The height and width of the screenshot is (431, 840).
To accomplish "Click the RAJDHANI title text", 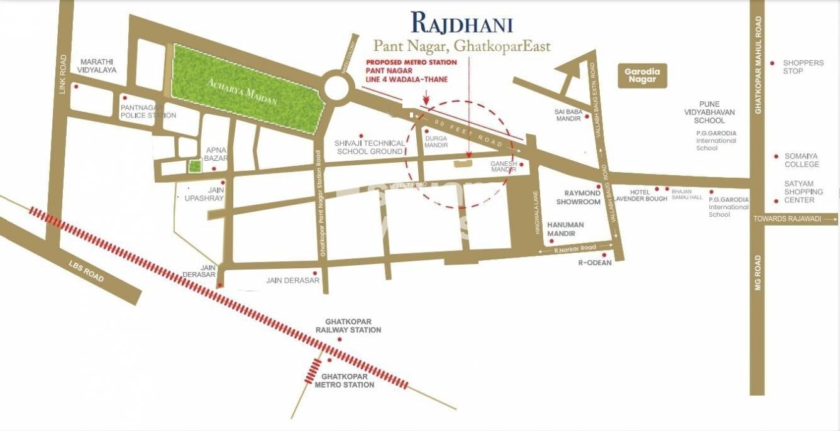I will click(461, 23).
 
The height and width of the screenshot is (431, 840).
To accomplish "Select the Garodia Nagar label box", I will click(642, 75).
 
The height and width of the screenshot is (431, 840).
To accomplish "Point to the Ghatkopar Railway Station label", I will click(348, 326).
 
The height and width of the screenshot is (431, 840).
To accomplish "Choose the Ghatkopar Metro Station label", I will click(344, 380).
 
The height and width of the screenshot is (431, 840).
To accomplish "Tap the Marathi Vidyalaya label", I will click(98, 66).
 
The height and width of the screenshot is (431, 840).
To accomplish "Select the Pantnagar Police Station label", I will click(148, 111).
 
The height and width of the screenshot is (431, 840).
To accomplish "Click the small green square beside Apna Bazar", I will click(195, 166).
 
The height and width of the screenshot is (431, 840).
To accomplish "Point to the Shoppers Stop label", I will click(803, 67).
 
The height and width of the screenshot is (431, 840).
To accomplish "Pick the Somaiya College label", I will click(802, 160).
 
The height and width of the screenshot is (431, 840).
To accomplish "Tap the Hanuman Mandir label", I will click(565, 229).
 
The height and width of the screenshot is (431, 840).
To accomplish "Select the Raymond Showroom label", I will click(578, 197).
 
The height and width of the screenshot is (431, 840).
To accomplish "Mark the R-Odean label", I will click(594, 263).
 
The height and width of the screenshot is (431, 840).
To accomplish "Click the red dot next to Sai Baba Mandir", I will click(587, 116).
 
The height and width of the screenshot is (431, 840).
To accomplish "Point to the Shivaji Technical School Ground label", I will click(369, 147).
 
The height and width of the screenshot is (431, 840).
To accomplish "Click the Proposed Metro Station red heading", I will click(411, 62).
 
